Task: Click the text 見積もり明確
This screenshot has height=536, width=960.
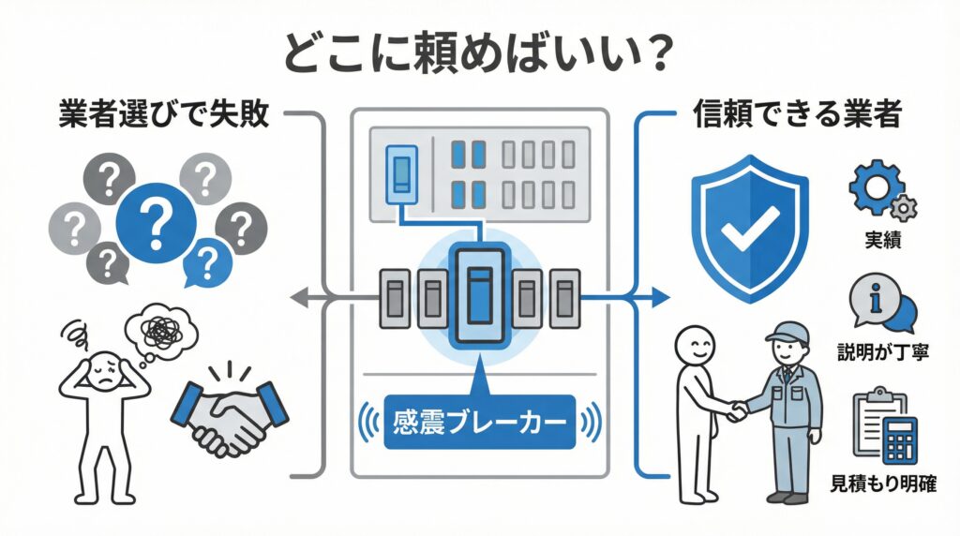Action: tap(883, 484)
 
